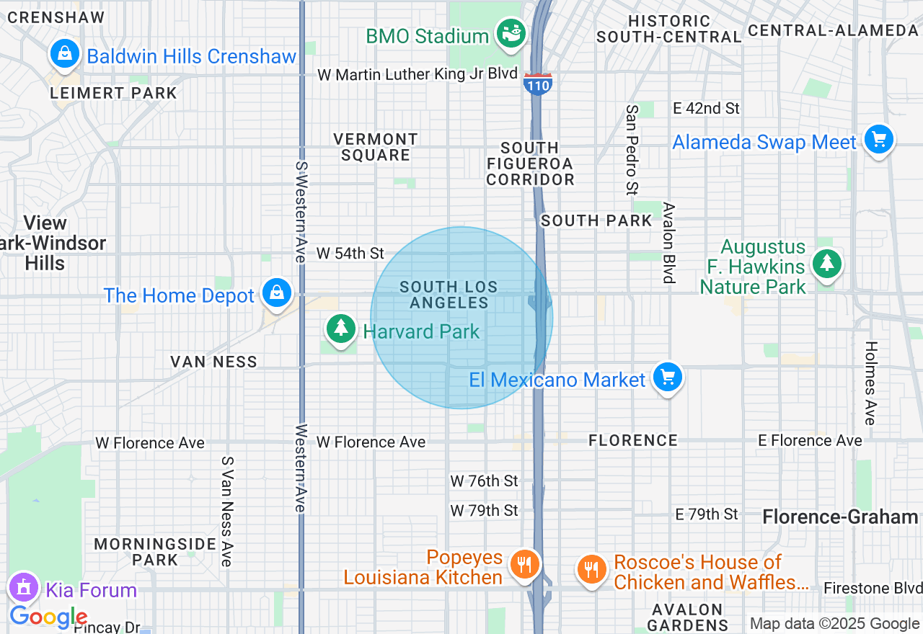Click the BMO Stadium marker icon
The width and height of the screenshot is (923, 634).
pyautogui.click(x=511, y=35)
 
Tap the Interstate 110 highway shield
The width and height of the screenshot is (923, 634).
pyautogui.click(x=538, y=84)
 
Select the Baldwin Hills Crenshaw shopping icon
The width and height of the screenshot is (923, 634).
pyautogui.click(x=65, y=55)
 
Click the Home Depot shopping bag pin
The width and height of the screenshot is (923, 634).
pyautogui.click(x=275, y=293)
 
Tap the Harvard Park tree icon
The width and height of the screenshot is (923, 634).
pyautogui.click(x=341, y=329)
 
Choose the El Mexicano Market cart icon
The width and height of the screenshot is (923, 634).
pyautogui.click(x=667, y=377)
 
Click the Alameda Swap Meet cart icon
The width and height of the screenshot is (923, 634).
pyautogui.click(x=878, y=140)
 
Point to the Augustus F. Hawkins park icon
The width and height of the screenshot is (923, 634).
pyautogui.click(x=826, y=264)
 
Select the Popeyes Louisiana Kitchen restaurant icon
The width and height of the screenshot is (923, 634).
pyautogui.click(x=524, y=565)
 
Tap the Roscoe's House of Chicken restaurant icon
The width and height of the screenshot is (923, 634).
pyautogui.click(x=591, y=570)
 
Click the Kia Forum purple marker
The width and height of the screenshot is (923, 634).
pyautogui.click(x=24, y=588)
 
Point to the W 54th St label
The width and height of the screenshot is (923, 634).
pyautogui.click(x=350, y=254)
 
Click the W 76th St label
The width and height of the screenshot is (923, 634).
pyautogui.click(x=485, y=481)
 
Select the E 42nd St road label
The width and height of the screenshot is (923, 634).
pyautogui.click(x=706, y=108)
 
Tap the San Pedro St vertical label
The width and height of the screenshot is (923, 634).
pyautogui.click(x=632, y=150)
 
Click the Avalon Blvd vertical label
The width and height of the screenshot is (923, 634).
pyautogui.click(x=669, y=242)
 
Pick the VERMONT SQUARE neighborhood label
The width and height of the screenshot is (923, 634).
pyautogui.click(x=376, y=147)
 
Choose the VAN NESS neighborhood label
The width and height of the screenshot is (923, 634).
pyautogui.click(x=214, y=362)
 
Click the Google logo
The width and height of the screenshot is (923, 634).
pyautogui.click(x=48, y=617)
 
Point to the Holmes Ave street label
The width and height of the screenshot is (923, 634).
pyautogui.click(x=870, y=383)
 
